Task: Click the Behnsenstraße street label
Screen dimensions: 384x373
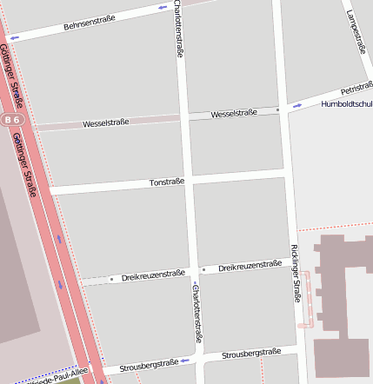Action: (90, 23)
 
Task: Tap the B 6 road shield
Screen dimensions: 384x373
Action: (10, 119)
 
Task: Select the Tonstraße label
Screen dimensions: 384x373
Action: (167, 182)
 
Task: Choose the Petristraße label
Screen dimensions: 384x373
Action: (356, 89)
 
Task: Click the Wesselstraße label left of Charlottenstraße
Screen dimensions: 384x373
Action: (106, 123)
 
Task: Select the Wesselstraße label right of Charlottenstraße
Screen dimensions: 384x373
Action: (234, 113)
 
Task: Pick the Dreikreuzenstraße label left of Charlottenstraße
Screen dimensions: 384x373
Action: (153, 275)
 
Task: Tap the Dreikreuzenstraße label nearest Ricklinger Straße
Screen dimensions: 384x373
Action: (250, 266)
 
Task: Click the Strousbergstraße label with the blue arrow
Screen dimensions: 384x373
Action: (149, 365)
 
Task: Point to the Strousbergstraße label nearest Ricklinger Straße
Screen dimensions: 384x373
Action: (251, 354)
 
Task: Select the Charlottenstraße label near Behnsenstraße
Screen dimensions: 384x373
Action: (178, 29)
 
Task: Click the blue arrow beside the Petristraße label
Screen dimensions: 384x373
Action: (297, 106)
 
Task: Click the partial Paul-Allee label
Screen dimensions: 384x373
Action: (57, 379)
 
